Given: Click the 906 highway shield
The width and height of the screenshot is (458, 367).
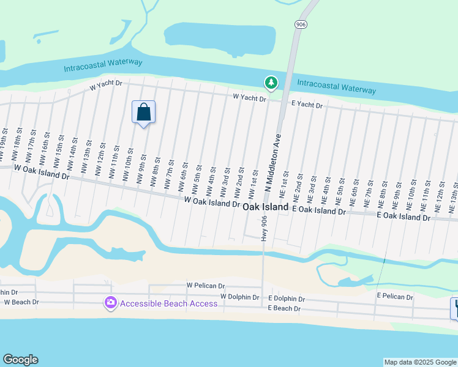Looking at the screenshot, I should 300,24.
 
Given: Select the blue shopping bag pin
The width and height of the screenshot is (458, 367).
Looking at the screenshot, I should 143,113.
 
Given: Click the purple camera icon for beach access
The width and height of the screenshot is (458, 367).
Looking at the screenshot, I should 111,303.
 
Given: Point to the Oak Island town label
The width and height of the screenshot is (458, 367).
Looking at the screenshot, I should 265,207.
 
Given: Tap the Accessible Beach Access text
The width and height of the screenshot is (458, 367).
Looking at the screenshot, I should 168,303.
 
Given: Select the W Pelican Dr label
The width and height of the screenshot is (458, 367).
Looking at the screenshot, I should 206,286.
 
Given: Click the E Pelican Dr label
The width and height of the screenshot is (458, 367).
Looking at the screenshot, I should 395,295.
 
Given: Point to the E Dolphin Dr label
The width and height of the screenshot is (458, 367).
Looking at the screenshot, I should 287,299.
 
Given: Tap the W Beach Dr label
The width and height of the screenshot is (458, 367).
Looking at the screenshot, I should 21,302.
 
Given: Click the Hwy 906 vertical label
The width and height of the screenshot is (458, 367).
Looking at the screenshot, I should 265,228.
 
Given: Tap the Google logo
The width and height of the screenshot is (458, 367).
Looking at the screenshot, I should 20,360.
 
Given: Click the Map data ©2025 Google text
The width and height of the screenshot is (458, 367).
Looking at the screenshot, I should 420,362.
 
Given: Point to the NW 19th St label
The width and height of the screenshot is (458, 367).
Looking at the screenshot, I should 5,141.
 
